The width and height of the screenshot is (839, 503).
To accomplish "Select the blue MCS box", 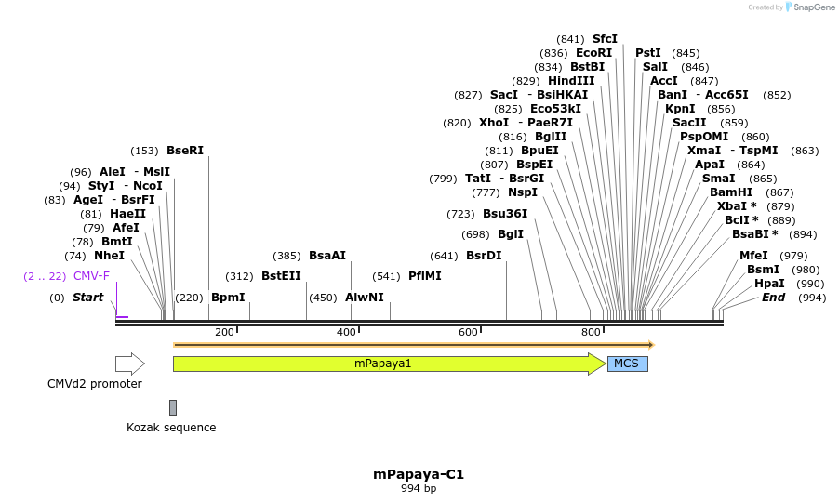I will coord(627,364).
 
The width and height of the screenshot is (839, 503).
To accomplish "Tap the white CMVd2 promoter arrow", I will coord(129,364).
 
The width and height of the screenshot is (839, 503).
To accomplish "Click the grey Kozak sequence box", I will coord(173,407).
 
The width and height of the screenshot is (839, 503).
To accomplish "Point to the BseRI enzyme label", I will coord(185,151).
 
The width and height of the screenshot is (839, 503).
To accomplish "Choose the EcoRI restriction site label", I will coord(594,53).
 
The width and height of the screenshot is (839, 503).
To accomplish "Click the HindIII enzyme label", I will coord(571,81).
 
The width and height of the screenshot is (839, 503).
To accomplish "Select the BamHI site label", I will coord(731,192).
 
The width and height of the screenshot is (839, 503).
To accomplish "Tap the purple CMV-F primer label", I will coord(91,276).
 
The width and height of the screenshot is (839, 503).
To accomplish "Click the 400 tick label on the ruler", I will coord(346,332).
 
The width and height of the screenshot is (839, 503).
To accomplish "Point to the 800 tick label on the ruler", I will coord(591,332).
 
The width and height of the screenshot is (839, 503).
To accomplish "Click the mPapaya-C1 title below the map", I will coord(419,474).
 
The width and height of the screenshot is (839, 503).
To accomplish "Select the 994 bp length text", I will coord(419,489).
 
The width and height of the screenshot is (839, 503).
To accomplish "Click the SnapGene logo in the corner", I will coord(810,7).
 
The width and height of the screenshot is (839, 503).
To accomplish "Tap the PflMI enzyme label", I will coord(425,276).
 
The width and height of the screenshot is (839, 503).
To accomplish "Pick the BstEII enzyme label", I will coord(281,276).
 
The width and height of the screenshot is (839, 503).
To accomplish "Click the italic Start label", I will coord(88,298).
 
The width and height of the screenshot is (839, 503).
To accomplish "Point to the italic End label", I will coord(773,298).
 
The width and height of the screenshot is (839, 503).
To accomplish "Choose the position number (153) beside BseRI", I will coord(144,151).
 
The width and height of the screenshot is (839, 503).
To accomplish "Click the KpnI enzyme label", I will coord(680,109).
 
